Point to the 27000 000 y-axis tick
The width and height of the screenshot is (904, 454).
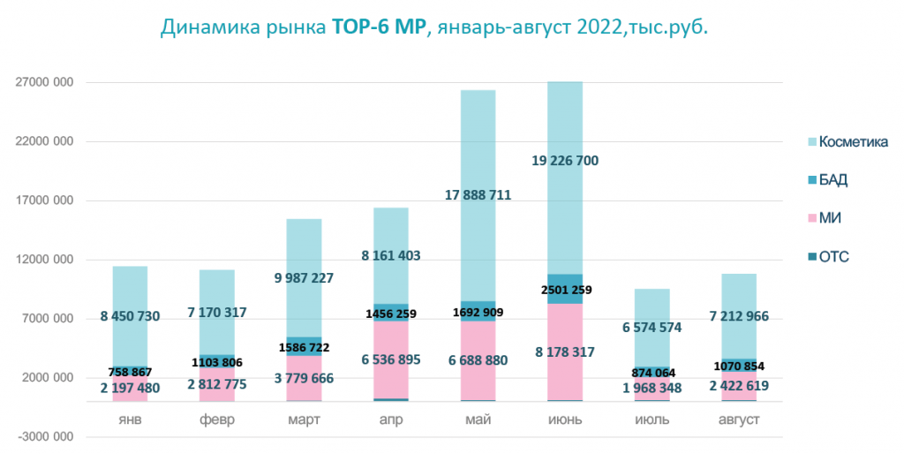click(x=43, y=82)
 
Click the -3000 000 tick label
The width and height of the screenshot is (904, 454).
click(x=43, y=437)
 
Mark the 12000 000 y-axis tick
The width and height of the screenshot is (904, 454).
click(x=43, y=260)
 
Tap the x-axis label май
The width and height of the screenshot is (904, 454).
click(x=478, y=420)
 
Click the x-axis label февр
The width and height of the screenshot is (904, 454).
click(x=217, y=420)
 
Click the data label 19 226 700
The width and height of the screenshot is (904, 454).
click(x=564, y=161)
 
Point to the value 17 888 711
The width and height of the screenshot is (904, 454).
click(x=478, y=194)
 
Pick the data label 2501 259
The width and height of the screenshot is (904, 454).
click(x=564, y=290)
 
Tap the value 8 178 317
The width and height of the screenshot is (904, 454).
click(x=564, y=352)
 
